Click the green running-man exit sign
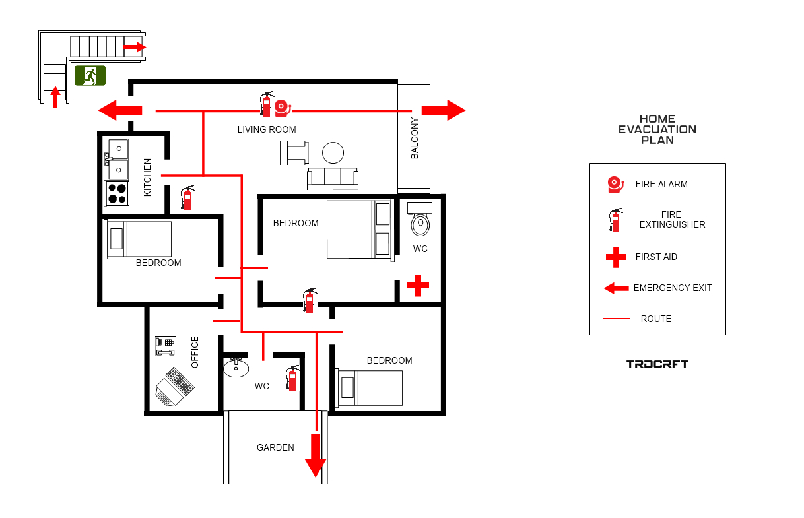click(x=90, y=75)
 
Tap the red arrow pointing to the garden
click(x=316, y=455)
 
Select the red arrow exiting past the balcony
click(x=444, y=110)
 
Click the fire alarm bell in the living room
click(x=282, y=106)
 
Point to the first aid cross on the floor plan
click(x=417, y=285)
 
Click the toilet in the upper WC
click(x=420, y=220)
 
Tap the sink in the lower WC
click(x=236, y=367)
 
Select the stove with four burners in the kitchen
click(x=117, y=193)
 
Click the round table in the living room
click(x=333, y=152)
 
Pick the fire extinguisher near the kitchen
click(x=188, y=198)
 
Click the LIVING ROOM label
click(x=267, y=129)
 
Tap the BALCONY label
click(x=415, y=138)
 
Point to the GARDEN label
click(x=275, y=447)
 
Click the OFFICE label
click(x=195, y=352)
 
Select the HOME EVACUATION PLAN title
click(x=657, y=129)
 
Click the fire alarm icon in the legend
click(x=615, y=185)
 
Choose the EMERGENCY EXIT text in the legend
click(x=672, y=288)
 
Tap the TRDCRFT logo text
click(x=657, y=364)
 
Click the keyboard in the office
click(x=179, y=381)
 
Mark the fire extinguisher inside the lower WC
click(x=292, y=378)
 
